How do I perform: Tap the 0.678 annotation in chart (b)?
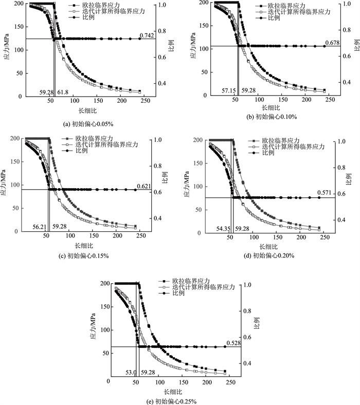coord(332,42)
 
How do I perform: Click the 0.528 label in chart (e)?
coord(234,343)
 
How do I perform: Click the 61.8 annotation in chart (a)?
coord(62,92)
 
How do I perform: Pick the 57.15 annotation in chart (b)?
coord(229,90)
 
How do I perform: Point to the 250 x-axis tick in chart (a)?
coord(145,101)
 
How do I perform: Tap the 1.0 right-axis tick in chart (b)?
coord(349,4)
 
